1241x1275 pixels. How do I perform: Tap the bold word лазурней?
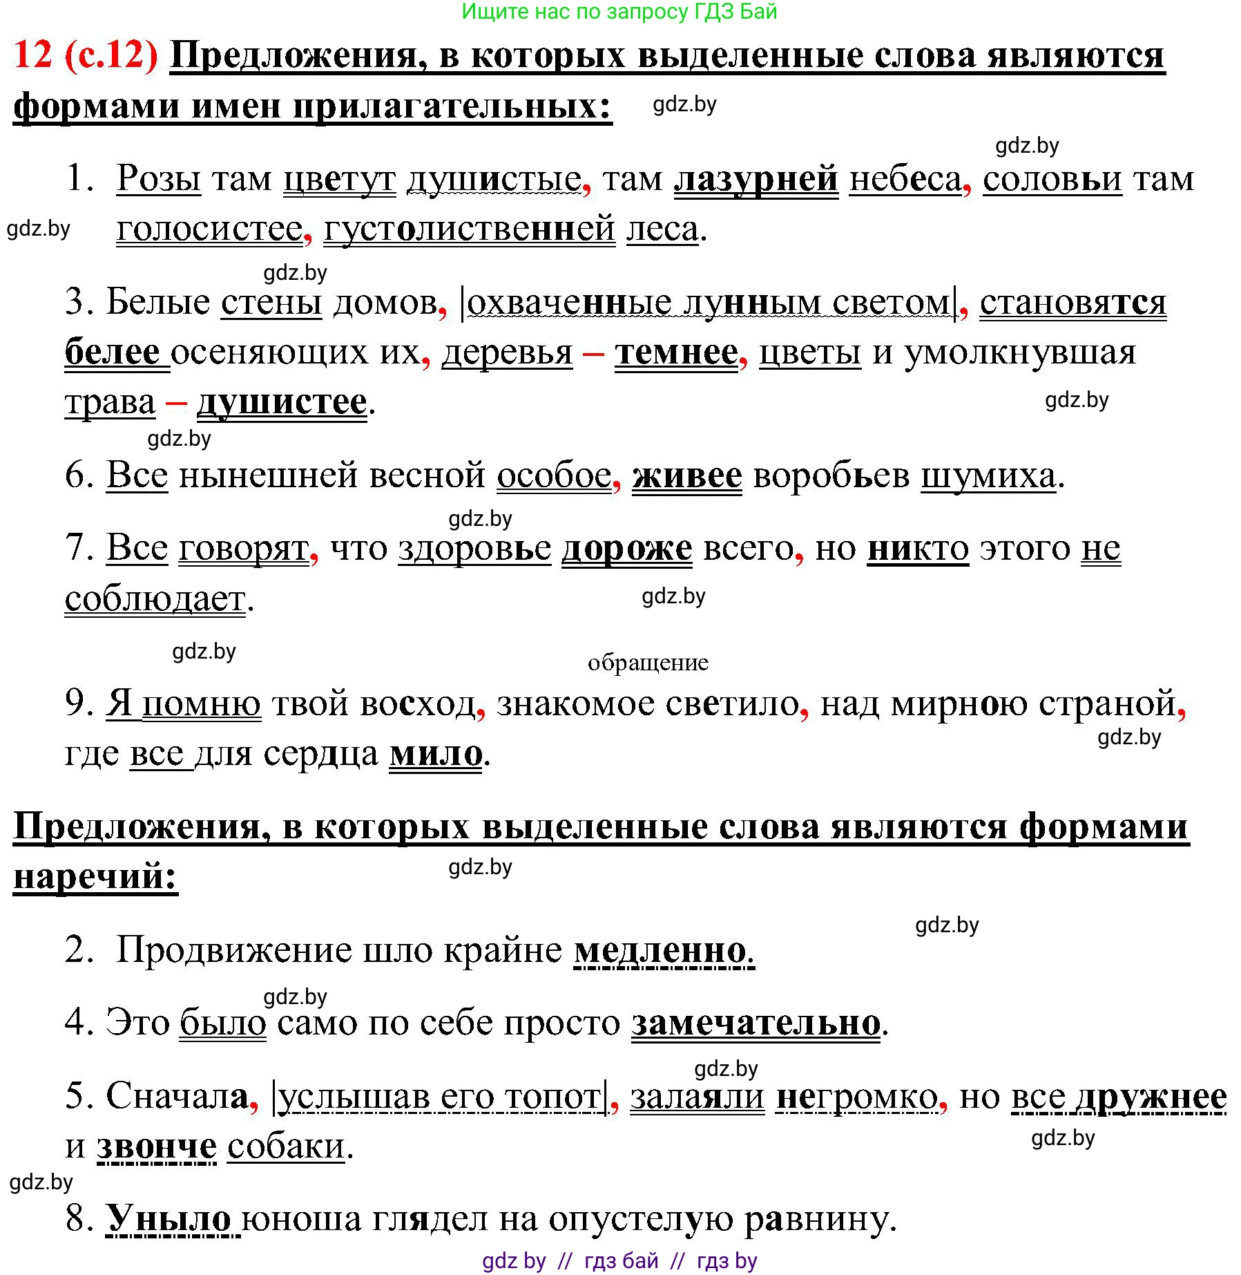[x=756, y=180]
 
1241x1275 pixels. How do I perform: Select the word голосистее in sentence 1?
[x=209, y=229]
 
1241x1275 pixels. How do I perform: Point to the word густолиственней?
[x=469, y=229]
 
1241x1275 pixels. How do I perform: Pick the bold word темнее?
[x=676, y=352]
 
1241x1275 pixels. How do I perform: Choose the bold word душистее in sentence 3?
[x=282, y=402]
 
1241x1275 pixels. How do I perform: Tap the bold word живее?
[x=686, y=475]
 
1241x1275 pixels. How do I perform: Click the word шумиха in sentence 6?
[x=988, y=475]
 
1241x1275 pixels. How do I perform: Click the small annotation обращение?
[x=648, y=663]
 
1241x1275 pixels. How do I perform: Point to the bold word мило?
[x=436, y=753]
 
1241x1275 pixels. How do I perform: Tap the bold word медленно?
[x=661, y=950]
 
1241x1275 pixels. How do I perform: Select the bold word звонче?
[x=157, y=1147]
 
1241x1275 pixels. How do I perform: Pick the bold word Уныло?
[x=169, y=1219]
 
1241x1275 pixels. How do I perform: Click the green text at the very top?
[x=619, y=12]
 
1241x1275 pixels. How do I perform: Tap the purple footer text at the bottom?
[x=619, y=1261]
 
